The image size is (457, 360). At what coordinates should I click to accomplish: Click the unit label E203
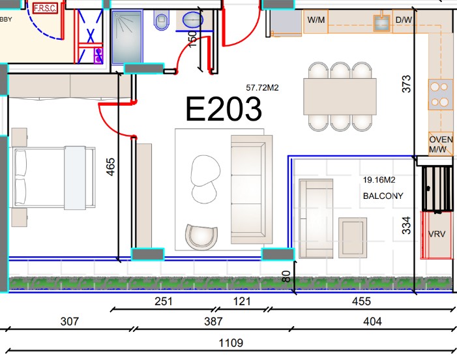224,109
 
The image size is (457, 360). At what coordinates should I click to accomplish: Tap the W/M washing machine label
316,20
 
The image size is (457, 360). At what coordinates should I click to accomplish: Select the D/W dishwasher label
404,20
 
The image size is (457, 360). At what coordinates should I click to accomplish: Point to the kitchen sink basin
382,23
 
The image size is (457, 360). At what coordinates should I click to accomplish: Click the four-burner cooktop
440,95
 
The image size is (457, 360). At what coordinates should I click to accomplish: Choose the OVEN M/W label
441,144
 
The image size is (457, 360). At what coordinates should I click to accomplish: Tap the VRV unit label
437,234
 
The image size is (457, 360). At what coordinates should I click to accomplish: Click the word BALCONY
383,196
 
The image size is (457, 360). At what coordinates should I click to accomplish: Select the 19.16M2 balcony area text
379,180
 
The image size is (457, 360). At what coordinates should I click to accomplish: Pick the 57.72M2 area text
262,87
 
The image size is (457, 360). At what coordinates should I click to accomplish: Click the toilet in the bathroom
162,20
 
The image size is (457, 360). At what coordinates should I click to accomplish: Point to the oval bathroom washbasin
193,20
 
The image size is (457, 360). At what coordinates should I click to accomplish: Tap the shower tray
127,37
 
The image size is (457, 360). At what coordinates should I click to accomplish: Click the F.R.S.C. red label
45,8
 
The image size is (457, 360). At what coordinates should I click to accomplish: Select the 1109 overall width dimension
231,343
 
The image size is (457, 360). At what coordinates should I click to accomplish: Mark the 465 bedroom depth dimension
111,167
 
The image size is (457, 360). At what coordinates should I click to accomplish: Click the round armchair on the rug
201,237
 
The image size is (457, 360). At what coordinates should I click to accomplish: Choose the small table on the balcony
353,237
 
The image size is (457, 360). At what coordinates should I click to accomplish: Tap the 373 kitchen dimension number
406,84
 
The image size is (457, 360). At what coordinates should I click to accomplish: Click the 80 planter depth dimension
286,277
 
